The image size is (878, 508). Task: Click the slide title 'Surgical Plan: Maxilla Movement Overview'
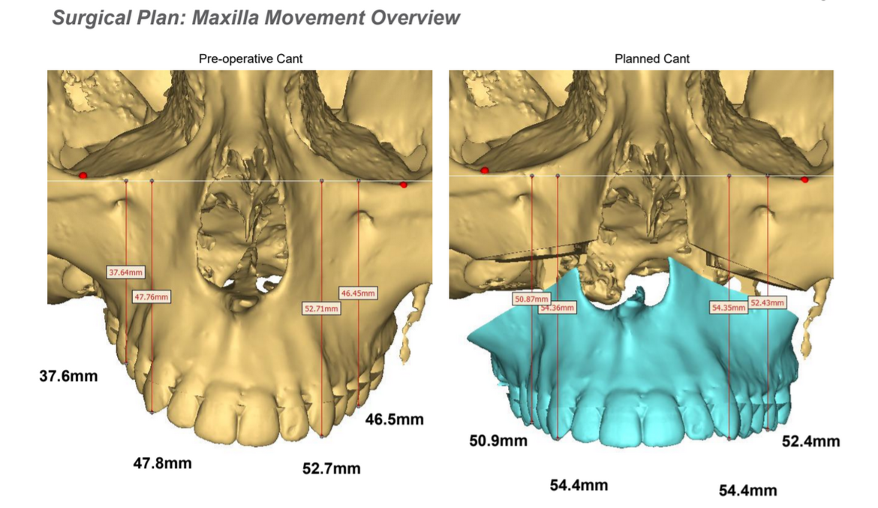(x=256, y=18)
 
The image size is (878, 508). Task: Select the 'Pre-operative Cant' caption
(x=240, y=59)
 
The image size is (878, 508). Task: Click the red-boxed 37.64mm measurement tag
(x=124, y=273)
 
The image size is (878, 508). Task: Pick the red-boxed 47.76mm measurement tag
(x=151, y=297)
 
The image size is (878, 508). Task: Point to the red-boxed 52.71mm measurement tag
(x=321, y=308)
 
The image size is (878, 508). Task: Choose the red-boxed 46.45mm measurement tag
(x=358, y=293)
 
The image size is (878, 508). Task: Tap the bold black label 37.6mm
(x=68, y=376)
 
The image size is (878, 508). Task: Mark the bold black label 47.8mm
(x=162, y=463)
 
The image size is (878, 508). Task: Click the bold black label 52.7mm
(x=331, y=469)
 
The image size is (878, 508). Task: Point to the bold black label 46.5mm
(x=394, y=419)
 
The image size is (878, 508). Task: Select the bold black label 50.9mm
(x=498, y=440)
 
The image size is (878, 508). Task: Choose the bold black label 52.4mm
(x=810, y=441)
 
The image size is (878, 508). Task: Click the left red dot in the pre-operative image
(x=83, y=175)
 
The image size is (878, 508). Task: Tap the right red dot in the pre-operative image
(x=404, y=185)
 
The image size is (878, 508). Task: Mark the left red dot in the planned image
(x=486, y=170)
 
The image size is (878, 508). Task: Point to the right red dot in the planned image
(x=804, y=180)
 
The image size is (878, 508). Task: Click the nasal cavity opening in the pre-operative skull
(x=242, y=240)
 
